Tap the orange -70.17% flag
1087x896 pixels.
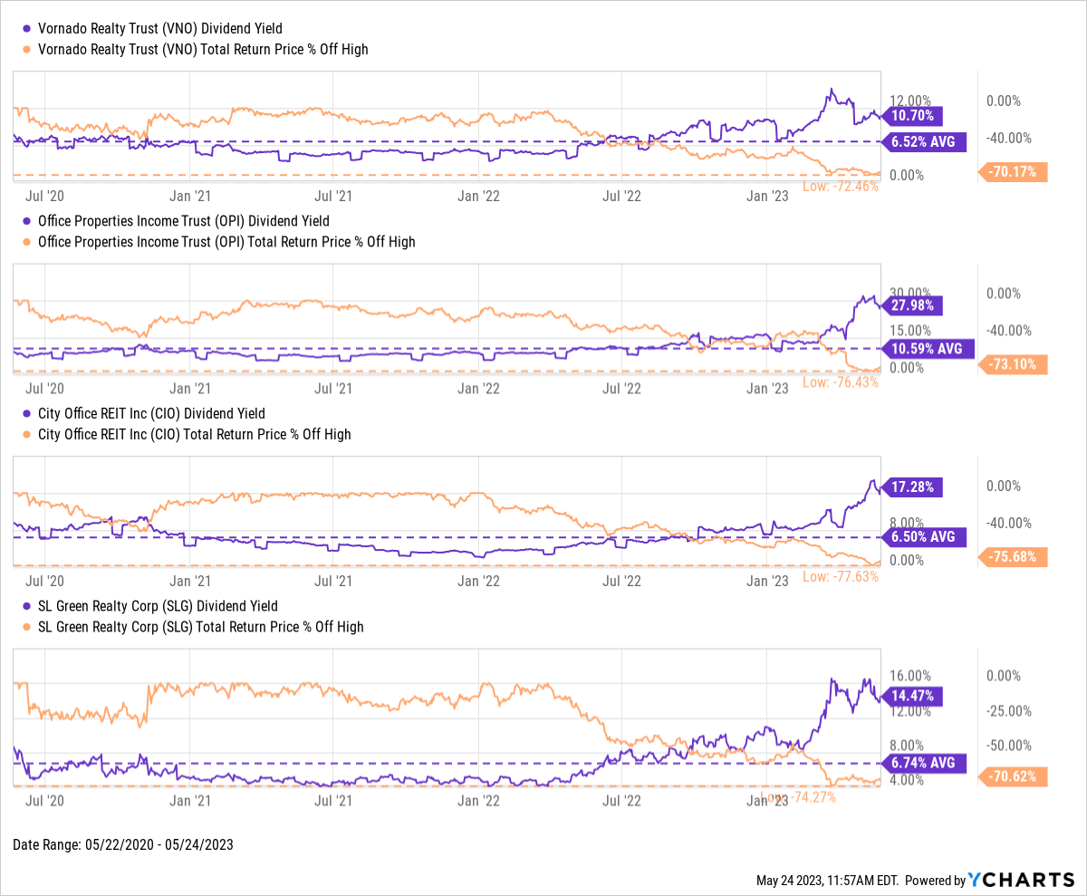(1015, 171)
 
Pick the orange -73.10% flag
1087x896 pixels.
(1015, 365)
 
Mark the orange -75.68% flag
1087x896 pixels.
(1015, 556)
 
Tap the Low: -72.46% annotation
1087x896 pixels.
(840, 188)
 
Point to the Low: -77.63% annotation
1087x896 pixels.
(840, 576)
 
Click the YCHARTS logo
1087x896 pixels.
(1020, 880)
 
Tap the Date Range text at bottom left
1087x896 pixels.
(123, 844)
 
